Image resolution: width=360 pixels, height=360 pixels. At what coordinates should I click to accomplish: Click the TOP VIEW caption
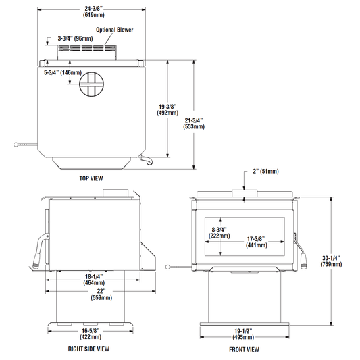tap(91, 178)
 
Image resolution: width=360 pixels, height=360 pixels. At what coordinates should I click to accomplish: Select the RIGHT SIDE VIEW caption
tap(88, 349)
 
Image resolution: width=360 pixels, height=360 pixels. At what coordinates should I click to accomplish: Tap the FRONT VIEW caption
tap(244, 349)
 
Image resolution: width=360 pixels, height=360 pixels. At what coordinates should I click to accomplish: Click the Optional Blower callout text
tap(115, 30)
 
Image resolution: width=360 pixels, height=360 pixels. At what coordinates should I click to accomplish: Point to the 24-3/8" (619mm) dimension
tap(93, 11)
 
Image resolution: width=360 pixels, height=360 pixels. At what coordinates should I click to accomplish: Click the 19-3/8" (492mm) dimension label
tap(168, 109)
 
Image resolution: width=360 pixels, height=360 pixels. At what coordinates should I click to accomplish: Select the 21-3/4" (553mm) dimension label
tap(194, 124)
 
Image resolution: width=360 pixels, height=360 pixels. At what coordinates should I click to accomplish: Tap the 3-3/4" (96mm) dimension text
tap(75, 38)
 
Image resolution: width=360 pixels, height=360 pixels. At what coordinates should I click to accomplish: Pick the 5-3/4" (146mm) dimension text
tap(63, 72)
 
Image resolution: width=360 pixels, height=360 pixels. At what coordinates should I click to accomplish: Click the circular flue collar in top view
tap(91, 84)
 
